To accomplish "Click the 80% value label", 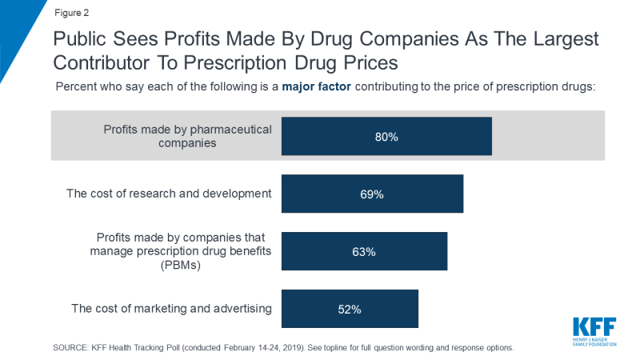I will tap(386, 137).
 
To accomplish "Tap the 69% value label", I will tap(372, 194).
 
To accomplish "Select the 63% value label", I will tap(364, 252).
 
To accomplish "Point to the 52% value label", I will tap(350, 310).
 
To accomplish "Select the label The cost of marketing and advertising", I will tap(171, 309).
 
